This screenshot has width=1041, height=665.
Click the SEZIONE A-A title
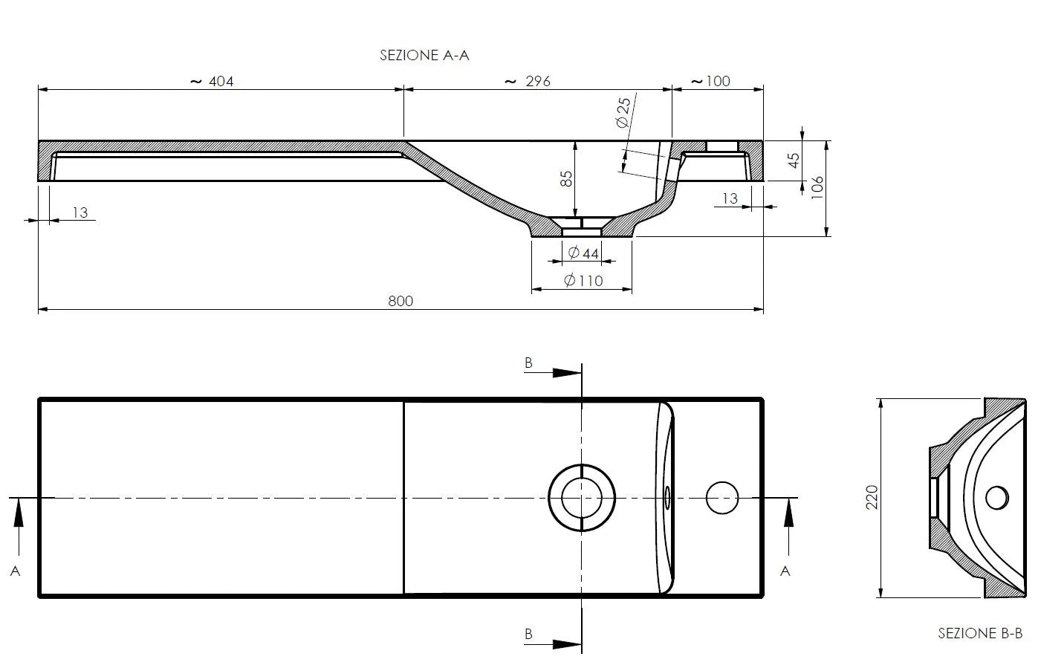[424, 55]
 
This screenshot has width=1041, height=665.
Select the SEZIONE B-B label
[980, 633]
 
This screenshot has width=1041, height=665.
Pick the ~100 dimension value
[711, 81]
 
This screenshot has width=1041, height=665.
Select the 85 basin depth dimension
[566, 179]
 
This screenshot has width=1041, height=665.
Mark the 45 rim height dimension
[794, 160]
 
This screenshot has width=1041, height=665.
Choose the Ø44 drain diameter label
[583, 253]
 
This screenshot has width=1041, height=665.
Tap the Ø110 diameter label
[583, 280]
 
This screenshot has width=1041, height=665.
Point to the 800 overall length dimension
[400, 301]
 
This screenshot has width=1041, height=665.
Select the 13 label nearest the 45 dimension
[730, 198]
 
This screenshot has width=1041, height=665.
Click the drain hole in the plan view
[582, 498]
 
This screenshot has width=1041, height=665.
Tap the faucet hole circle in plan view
[721, 498]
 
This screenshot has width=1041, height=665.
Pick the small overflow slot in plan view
[667, 498]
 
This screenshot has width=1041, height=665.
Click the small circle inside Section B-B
[996, 497]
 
